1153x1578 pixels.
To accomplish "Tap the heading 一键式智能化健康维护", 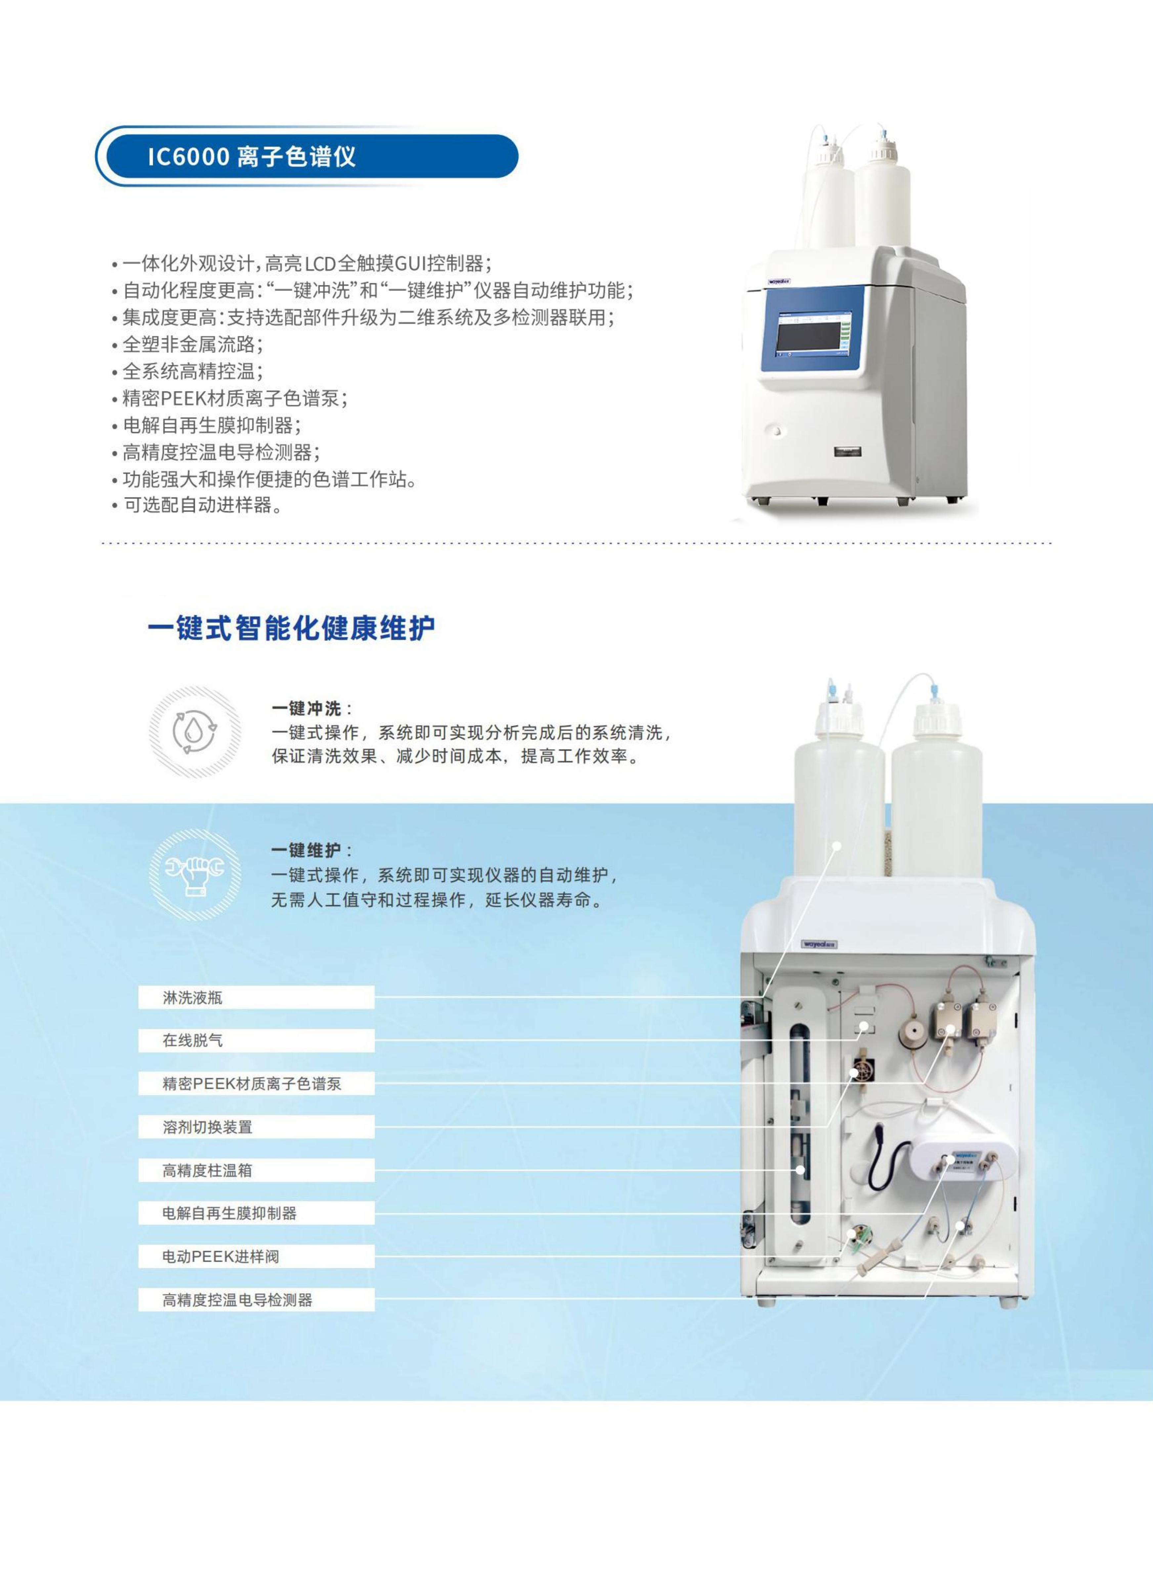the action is click(291, 628).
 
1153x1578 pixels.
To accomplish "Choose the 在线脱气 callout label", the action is click(256, 1040).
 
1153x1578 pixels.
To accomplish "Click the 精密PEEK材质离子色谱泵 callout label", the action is click(256, 1083).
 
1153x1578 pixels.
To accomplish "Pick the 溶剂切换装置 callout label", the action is click(256, 1127).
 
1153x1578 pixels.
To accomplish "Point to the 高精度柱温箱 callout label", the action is click(256, 1170).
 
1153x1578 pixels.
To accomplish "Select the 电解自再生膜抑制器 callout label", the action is click(256, 1213).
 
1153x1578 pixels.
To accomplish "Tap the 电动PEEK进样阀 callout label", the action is click(256, 1256).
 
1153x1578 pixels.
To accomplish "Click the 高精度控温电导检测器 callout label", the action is click(256, 1300).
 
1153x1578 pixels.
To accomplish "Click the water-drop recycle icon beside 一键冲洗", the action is click(195, 732).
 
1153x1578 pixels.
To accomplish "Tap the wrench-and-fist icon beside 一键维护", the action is click(195, 874).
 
